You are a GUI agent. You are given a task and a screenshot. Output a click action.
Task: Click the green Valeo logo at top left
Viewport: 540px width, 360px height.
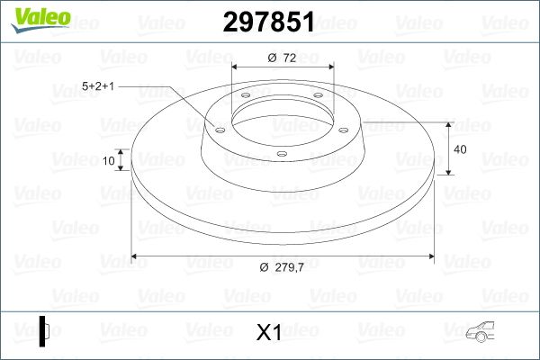pyautogui.click(x=41, y=20)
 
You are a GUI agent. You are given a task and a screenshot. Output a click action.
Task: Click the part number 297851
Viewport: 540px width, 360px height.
pyautogui.click(x=268, y=22)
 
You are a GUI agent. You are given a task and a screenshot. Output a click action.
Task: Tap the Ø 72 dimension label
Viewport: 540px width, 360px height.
pyautogui.click(x=282, y=58)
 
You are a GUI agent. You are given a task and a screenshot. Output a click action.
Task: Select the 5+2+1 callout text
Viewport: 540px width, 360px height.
pyautogui.click(x=98, y=86)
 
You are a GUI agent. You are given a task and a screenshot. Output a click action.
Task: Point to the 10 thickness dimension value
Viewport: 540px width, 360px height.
pyautogui.click(x=109, y=160)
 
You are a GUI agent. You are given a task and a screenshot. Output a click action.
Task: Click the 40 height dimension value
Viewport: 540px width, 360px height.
pyautogui.click(x=460, y=149)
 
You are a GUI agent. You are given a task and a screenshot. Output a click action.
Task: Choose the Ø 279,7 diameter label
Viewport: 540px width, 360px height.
pyautogui.click(x=282, y=267)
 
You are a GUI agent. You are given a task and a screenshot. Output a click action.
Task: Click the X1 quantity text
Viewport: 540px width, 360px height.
pyautogui.click(x=269, y=332)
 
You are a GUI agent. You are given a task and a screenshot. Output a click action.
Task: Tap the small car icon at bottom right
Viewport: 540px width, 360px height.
pyautogui.click(x=480, y=331)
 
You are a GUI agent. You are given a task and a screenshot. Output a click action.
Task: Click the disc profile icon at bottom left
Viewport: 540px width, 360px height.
pyautogui.click(x=44, y=331)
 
